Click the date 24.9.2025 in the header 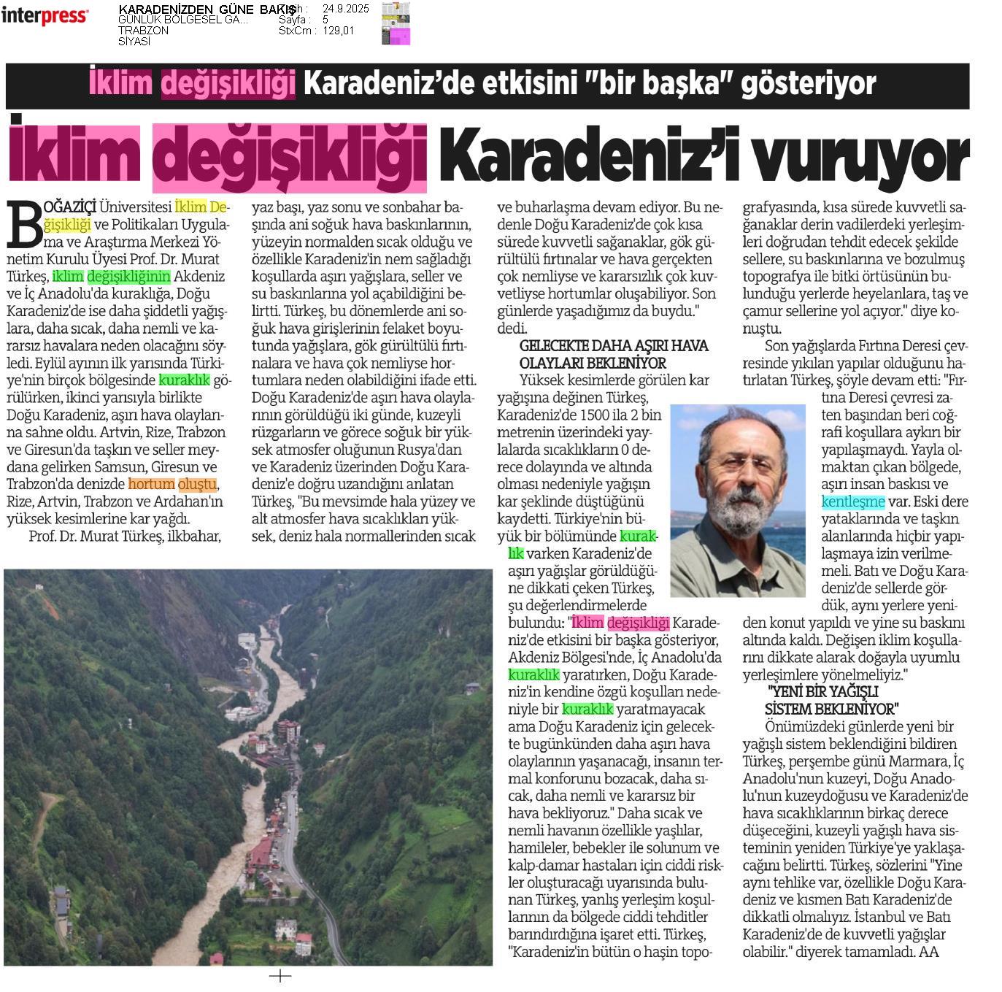[x=345, y=9]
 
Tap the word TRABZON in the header [x=143, y=31]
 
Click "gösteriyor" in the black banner [x=808, y=84]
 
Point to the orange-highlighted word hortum [x=152, y=484]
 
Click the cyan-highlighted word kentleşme [x=852, y=501]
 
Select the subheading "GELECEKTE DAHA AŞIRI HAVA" [x=613, y=346]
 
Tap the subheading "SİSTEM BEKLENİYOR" [x=831, y=709]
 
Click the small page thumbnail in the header [x=396, y=24]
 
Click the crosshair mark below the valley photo [x=280, y=976]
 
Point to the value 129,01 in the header [x=338, y=31]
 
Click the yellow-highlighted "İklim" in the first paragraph [x=191, y=207]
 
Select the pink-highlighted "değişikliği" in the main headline [x=289, y=156]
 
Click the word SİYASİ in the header [x=134, y=42]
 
